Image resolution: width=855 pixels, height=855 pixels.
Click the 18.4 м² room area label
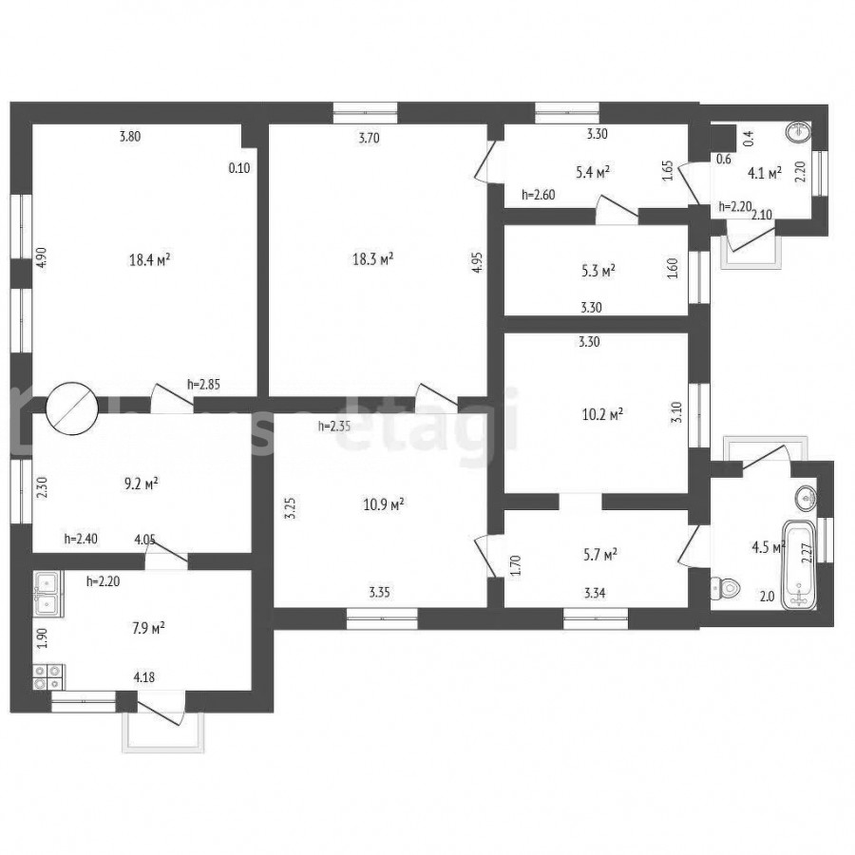149,259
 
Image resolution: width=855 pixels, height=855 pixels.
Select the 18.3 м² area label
373,258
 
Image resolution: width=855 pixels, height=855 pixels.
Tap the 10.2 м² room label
602,415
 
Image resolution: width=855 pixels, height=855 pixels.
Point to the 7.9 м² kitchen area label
148,629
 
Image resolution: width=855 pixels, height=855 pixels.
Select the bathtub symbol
799,564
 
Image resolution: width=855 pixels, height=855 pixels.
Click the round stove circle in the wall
72,408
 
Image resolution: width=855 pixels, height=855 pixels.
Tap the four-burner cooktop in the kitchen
48,677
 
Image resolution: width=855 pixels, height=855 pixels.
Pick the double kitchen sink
48,594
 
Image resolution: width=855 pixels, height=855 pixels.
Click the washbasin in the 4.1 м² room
798,132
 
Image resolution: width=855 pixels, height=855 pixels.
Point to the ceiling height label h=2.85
203,385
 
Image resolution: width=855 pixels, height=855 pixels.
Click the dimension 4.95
477,262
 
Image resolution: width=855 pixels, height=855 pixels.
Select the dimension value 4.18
144,677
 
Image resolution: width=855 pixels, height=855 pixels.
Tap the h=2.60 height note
539,195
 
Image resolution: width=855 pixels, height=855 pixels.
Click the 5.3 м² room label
598,271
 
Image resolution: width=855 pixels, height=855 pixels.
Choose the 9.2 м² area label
142,484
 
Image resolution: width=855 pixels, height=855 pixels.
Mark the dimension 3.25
291,507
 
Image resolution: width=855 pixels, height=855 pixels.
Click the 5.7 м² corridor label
599,555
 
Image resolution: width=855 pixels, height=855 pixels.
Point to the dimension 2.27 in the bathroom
807,554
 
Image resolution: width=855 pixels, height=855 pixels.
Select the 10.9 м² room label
384,504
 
